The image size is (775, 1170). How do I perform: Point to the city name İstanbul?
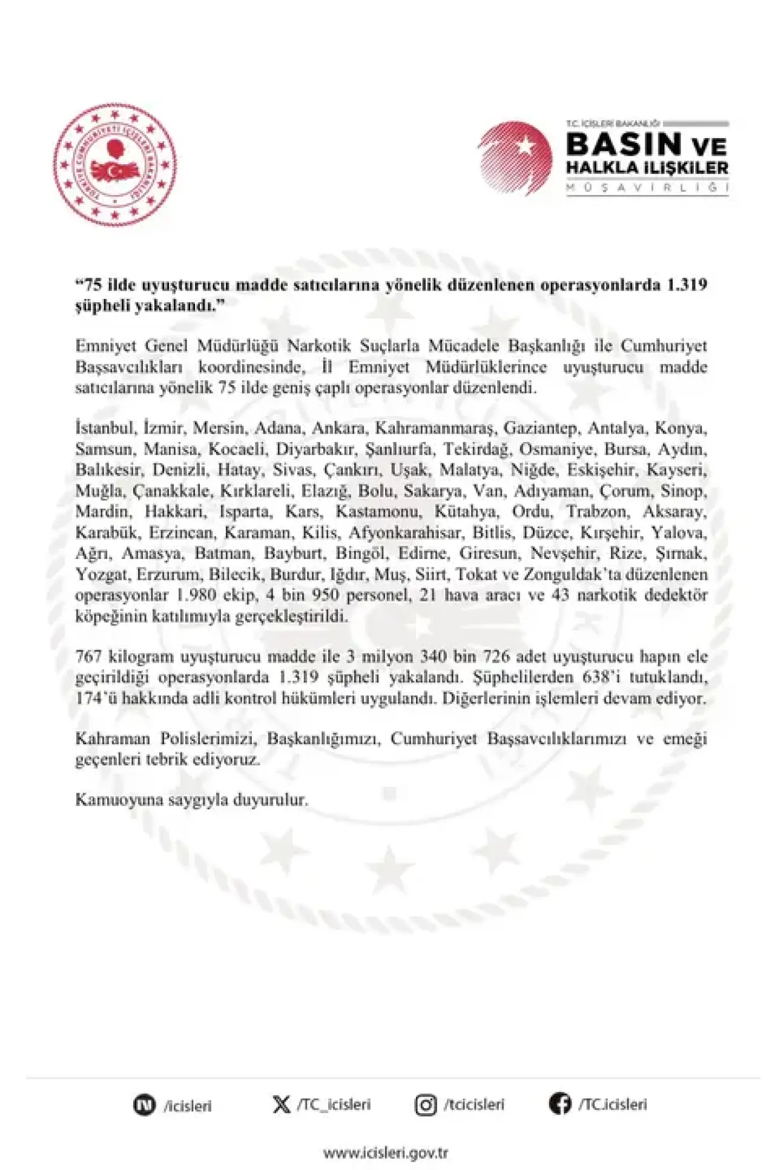tap(104, 428)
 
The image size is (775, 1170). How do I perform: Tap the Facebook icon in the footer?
tap(560, 1104)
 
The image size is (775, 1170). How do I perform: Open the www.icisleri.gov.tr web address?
tap(386, 1152)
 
